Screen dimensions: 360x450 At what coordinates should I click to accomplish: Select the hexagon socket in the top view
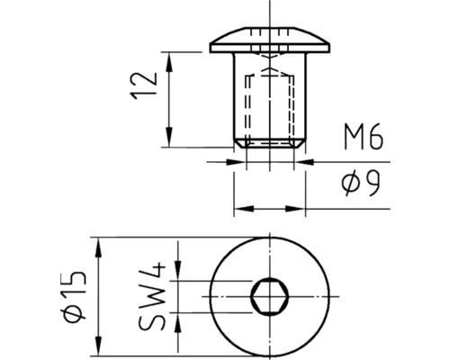pyautogui.click(x=268, y=294)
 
